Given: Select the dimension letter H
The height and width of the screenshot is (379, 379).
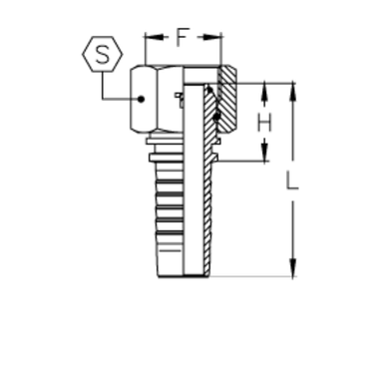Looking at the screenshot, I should click(263, 124).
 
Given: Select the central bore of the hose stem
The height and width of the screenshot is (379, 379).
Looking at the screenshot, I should click(186, 199).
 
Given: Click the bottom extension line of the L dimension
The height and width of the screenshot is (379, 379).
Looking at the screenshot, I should click(249, 274).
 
